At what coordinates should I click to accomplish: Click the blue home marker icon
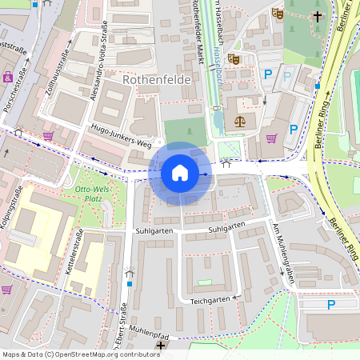click(180, 172)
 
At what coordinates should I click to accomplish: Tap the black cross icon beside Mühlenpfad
click(162, 346)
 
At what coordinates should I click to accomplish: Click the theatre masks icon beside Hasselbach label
click(234, 58)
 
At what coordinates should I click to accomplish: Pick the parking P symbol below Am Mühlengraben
click(330, 304)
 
